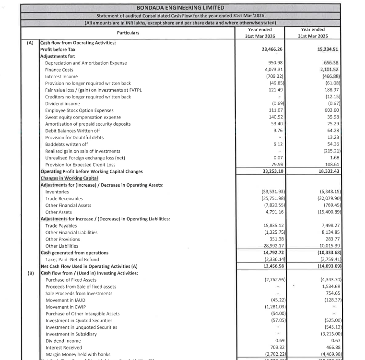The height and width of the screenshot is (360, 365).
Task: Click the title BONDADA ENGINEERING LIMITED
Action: pyautogui.click(x=180, y=8)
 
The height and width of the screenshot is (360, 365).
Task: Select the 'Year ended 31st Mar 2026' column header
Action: pyautogui.click(x=259, y=33)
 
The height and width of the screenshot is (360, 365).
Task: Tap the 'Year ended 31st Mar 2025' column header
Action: pyautogui.click(x=311, y=33)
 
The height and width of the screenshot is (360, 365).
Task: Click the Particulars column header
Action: pyautogui.click(x=128, y=33)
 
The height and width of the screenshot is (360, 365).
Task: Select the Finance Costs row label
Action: pyautogui.click(x=59, y=70)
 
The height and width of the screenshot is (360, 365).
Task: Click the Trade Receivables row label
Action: pyautogui.click(x=64, y=198)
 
